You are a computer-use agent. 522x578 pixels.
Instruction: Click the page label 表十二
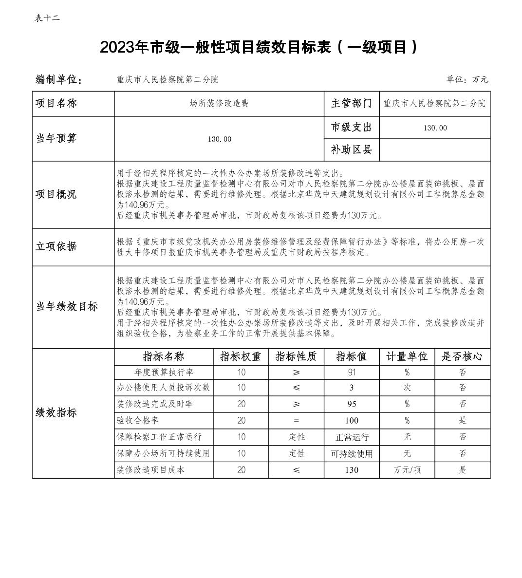pyautogui.click(x=47, y=19)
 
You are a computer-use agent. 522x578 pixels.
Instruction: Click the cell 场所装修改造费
pyautogui.click(x=219, y=104)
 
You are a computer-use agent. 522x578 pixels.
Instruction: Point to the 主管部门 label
pyautogui.click(x=351, y=104)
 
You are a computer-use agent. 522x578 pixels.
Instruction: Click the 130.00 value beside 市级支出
pyautogui.click(x=435, y=128)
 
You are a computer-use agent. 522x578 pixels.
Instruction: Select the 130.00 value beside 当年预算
pyautogui.click(x=219, y=139)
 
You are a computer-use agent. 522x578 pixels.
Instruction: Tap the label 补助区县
pyautogui.click(x=351, y=150)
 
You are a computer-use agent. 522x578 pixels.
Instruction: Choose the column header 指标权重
pyautogui.click(x=241, y=356)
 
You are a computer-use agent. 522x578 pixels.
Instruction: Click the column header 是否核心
pyautogui.click(x=462, y=356)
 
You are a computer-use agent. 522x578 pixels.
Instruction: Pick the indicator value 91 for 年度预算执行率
pyautogui.click(x=352, y=373)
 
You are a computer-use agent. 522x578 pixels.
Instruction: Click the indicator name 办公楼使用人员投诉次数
pyautogui.click(x=163, y=388)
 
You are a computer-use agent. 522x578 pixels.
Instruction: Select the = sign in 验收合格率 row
pyautogui.click(x=296, y=421)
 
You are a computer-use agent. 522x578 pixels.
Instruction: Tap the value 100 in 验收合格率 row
pyautogui.click(x=352, y=421)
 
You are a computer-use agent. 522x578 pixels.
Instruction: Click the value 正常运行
pyautogui.click(x=352, y=437)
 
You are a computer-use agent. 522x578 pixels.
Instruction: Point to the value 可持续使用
pyautogui.click(x=352, y=454)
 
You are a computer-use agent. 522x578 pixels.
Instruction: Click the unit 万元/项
pyautogui.click(x=407, y=470)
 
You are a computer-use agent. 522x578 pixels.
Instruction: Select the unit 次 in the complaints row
pyautogui.click(x=407, y=388)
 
